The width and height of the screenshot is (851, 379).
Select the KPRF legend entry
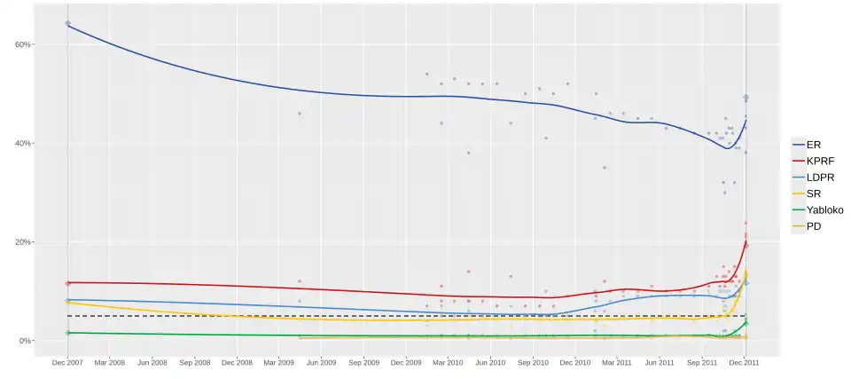tap(820, 161)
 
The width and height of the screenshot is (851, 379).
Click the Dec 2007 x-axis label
tap(68, 362)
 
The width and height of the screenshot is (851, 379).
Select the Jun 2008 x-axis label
tap(152, 362)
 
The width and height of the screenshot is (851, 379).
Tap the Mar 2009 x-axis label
tap(279, 362)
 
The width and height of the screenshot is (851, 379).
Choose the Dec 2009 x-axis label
tap(406, 362)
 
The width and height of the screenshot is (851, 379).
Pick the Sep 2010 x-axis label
tap(533, 362)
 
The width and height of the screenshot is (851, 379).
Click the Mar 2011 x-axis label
tap(617, 362)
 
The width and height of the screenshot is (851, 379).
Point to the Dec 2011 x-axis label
tap(745, 362)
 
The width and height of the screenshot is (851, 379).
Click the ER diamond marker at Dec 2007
tap(68, 23)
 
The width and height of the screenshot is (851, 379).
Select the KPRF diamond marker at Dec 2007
tap(68, 283)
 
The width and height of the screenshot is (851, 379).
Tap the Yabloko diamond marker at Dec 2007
tap(68, 333)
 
